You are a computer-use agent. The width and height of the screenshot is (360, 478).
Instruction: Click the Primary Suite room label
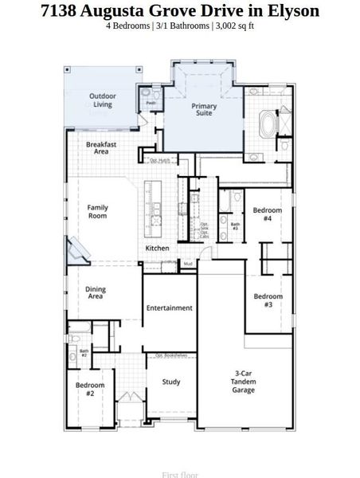click(203, 109)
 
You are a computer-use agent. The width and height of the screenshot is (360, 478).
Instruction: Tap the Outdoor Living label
click(102, 100)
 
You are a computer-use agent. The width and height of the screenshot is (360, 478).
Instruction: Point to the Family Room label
click(97, 211)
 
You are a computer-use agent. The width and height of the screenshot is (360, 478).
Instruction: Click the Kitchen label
click(157, 249)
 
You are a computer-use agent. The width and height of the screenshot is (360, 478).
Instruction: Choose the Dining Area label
click(96, 293)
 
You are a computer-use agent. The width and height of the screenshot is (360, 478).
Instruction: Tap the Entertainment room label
click(169, 308)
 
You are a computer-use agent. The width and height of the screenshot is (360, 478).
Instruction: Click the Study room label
click(170, 382)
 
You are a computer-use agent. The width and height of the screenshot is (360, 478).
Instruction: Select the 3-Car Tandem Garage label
click(244, 382)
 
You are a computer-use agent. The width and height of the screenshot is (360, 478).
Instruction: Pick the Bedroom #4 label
click(262, 214)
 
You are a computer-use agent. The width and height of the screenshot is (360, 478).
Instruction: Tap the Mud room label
click(188, 263)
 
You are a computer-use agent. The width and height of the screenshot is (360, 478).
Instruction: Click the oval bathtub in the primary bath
click(266, 126)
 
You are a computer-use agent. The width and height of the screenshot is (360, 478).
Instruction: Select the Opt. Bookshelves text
click(170, 355)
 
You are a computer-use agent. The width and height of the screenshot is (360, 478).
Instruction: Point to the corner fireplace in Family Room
click(80, 250)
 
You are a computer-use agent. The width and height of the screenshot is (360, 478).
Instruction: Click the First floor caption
click(180, 475)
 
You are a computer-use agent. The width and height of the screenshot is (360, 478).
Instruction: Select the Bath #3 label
click(235, 226)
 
